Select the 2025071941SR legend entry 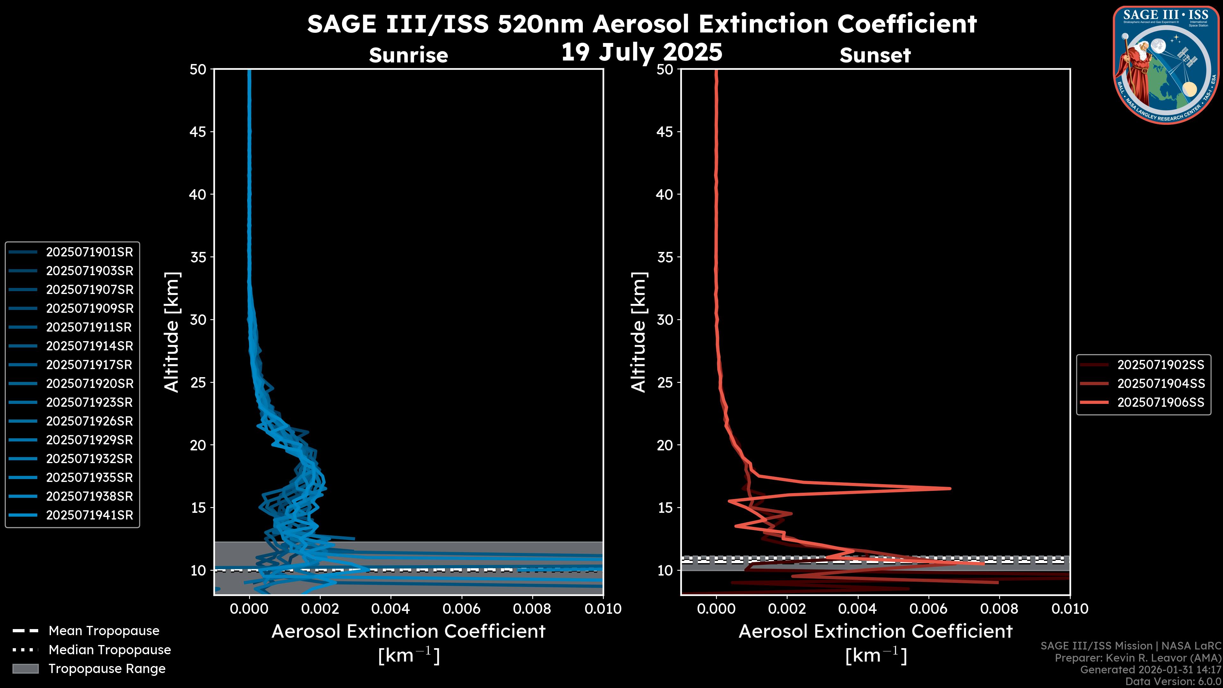71,515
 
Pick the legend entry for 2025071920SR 71,383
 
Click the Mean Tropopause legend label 104,631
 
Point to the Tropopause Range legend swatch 25,669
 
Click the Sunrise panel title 408,55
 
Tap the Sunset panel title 875,55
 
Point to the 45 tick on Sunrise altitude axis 198,132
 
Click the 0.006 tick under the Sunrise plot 461,609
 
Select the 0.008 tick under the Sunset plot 999,609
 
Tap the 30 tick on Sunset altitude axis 665,319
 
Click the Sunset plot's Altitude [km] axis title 639,332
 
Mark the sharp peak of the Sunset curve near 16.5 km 950,488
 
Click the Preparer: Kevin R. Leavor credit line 1138,658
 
